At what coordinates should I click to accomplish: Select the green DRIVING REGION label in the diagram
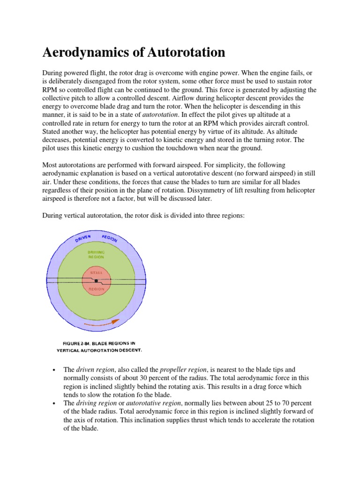coord(96,255)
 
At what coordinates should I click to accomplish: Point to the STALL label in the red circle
coord(96,272)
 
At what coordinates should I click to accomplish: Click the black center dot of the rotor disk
coord(96,281)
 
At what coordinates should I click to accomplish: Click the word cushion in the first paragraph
coord(157,149)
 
